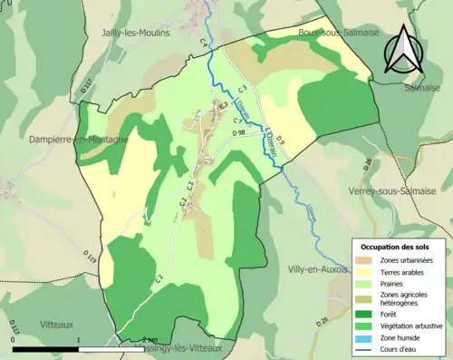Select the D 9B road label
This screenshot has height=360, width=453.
(x=239, y=133)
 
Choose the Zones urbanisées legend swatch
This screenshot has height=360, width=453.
(x=366, y=260)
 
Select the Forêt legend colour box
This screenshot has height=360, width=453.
(x=366, y=314)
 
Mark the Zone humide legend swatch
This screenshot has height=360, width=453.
(x=366, y=336)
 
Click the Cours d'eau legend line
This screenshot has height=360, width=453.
(x=366, y=347)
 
